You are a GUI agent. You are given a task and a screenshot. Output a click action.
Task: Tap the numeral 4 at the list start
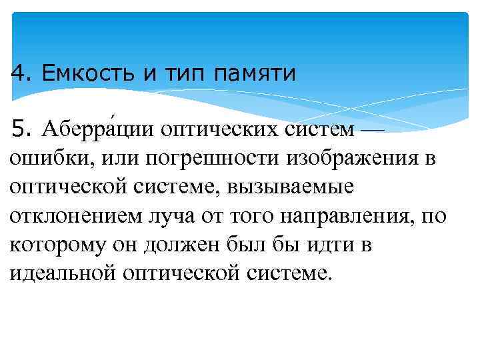(17, 71)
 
